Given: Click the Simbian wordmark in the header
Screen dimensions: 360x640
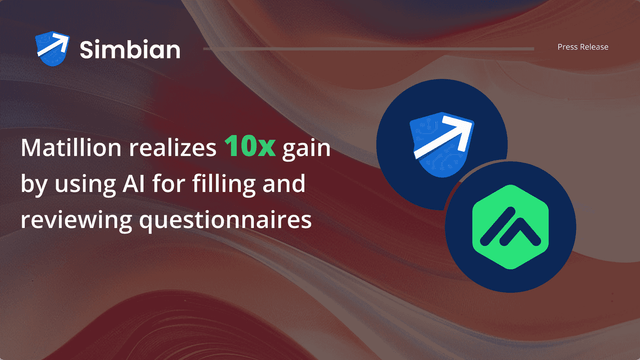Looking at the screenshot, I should tap(130, 47).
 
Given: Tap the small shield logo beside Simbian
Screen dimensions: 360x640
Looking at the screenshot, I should tap(53, 47).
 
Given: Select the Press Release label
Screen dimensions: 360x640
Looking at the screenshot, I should tap(583, 47).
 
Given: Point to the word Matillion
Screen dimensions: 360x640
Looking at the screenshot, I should tap(67, 151).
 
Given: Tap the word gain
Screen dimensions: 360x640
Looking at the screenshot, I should tap(307, 151).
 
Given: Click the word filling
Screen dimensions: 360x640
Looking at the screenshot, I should tap(231, 184).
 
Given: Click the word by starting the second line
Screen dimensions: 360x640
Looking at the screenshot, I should tap(33, 184).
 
